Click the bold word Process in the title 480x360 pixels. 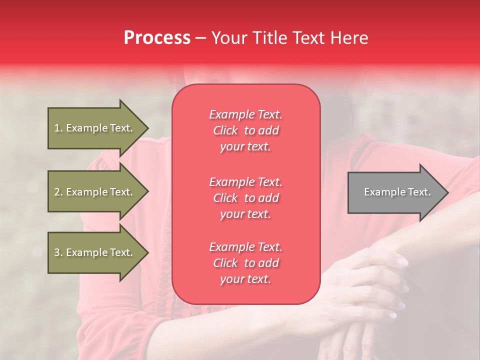point(157,38)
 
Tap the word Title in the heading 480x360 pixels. point(270,38)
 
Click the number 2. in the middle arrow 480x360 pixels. point(58,192)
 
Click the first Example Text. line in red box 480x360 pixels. point(245,114)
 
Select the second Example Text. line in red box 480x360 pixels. point(245,182)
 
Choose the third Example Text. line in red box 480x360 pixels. point(245,247)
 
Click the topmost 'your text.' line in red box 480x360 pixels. point(245,147)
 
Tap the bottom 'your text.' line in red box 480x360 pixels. point(245,279)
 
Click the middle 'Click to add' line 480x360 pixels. point(245,198)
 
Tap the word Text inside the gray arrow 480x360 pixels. point(420,192)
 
